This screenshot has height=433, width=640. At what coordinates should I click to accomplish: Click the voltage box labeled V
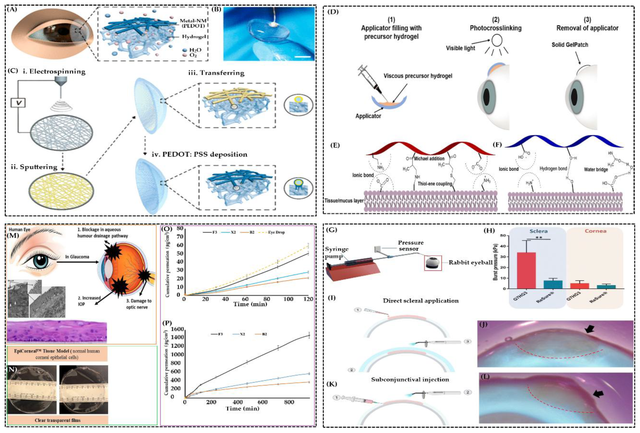(18, 103)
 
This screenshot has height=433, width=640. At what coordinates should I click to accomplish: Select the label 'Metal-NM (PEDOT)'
(193, 23)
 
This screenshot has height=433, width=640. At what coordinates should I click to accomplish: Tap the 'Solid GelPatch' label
(570, 45)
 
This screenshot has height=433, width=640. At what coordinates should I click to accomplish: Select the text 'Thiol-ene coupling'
(435, 184)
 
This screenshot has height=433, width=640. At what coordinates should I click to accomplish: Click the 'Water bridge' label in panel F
(596, 169)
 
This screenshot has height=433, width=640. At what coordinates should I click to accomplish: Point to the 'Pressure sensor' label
(411, 246)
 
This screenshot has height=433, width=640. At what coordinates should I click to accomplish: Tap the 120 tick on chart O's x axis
(308, 299)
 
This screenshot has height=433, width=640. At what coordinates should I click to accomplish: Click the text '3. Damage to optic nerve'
(139, 304)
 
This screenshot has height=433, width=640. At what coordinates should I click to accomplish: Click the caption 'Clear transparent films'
(58, 420)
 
